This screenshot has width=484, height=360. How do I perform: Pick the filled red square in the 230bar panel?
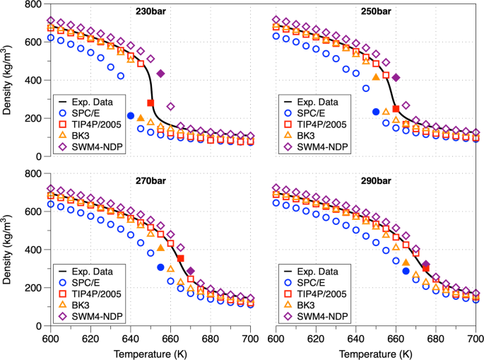(x=150, y=103)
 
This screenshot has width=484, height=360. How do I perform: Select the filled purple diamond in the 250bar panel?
(x=396, y=78)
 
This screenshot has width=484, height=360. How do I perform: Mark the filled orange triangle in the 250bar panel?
(x=376, y=77)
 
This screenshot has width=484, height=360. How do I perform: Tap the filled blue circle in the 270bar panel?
(x=160, y=267)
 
